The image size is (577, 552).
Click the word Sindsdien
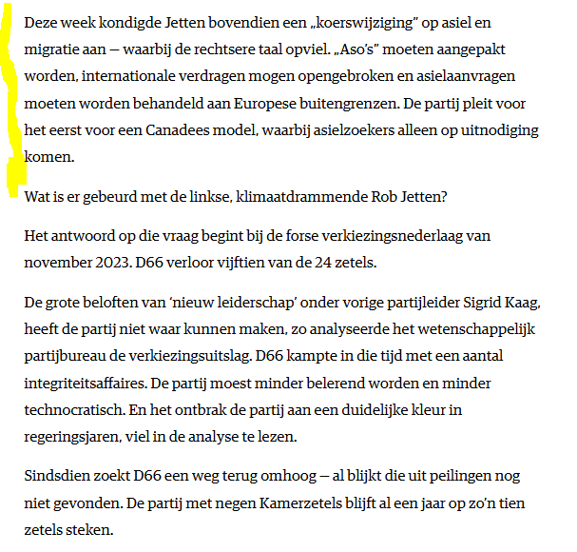[58, 474]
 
